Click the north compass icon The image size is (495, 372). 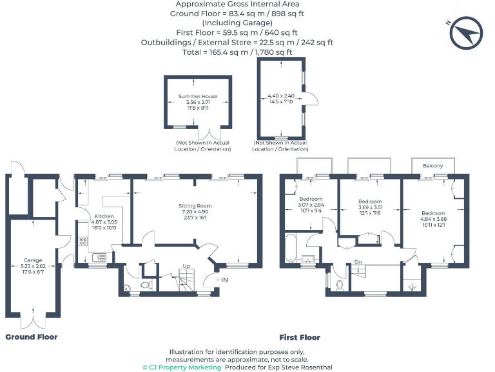point(467,34)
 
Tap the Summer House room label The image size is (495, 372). point(198,96)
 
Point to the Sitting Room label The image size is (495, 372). point(195,206)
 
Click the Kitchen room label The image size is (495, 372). point(104,216)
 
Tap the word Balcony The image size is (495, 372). point(433,166)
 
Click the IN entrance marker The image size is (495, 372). point(224,280)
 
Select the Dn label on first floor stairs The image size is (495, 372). point(357,262)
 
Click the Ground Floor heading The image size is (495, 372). point(32,336)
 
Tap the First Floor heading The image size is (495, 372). point(300,337)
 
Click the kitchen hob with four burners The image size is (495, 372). point(83,242)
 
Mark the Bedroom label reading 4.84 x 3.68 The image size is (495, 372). point(433,213)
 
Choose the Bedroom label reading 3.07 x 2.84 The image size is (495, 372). point(311,199)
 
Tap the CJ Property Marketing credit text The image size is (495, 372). point(182,367)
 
